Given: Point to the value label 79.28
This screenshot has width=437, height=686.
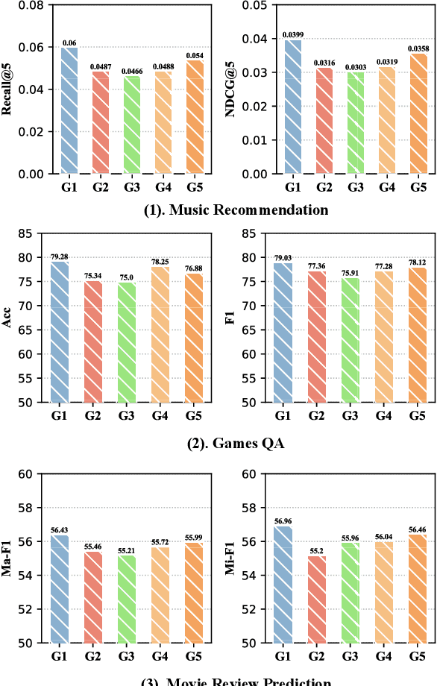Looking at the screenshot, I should [60, 257].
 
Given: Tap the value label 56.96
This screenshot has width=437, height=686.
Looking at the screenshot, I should [283, 522].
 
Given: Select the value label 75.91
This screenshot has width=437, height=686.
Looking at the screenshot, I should [349, 273].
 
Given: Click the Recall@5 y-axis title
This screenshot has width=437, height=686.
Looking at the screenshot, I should [9, 89].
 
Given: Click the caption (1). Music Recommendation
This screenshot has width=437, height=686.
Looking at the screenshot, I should [236, 210].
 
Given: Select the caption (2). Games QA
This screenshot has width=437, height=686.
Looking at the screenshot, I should [236, 443].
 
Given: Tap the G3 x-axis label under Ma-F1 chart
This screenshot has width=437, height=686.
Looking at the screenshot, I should [125, 656].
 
